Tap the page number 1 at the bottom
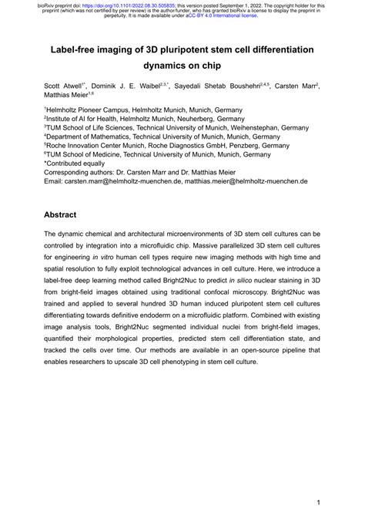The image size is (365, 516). [318, 499]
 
